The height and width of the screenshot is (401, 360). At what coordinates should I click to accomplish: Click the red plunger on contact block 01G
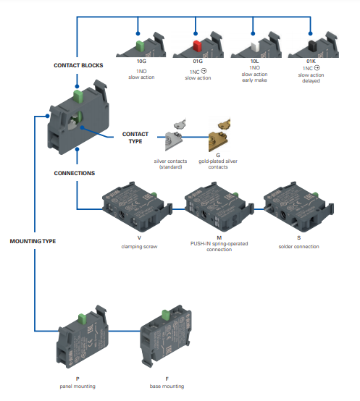[197, 46]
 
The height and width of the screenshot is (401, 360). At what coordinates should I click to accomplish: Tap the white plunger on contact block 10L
[256, 46]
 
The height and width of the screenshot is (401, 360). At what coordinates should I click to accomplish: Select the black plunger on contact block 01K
[312, 46]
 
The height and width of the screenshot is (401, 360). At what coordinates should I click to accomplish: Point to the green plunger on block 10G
[140, 46]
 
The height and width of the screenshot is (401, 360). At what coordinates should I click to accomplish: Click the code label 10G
[141, 62]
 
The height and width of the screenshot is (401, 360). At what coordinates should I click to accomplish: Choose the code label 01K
[311, 62]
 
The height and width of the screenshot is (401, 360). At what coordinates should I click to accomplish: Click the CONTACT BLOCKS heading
[78, 65]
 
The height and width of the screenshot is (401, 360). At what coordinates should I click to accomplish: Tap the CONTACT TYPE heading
[135, 138]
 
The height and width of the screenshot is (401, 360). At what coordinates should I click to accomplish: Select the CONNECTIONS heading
[75, 174]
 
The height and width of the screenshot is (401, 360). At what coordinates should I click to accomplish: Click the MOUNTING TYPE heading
[33, 241]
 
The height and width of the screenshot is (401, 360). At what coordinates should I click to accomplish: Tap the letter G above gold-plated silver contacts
[218, 155]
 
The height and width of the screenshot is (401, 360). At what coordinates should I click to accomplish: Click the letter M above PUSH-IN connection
[219, 238]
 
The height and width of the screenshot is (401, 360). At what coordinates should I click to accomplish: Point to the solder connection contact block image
[298, 206]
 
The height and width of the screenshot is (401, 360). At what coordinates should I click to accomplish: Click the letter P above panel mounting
[78, 379]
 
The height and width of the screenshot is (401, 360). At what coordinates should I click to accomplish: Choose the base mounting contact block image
[166, 336]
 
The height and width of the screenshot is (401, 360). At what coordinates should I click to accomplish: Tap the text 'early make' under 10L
[254, 80]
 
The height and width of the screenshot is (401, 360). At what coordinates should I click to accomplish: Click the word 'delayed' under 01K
[311, 81]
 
